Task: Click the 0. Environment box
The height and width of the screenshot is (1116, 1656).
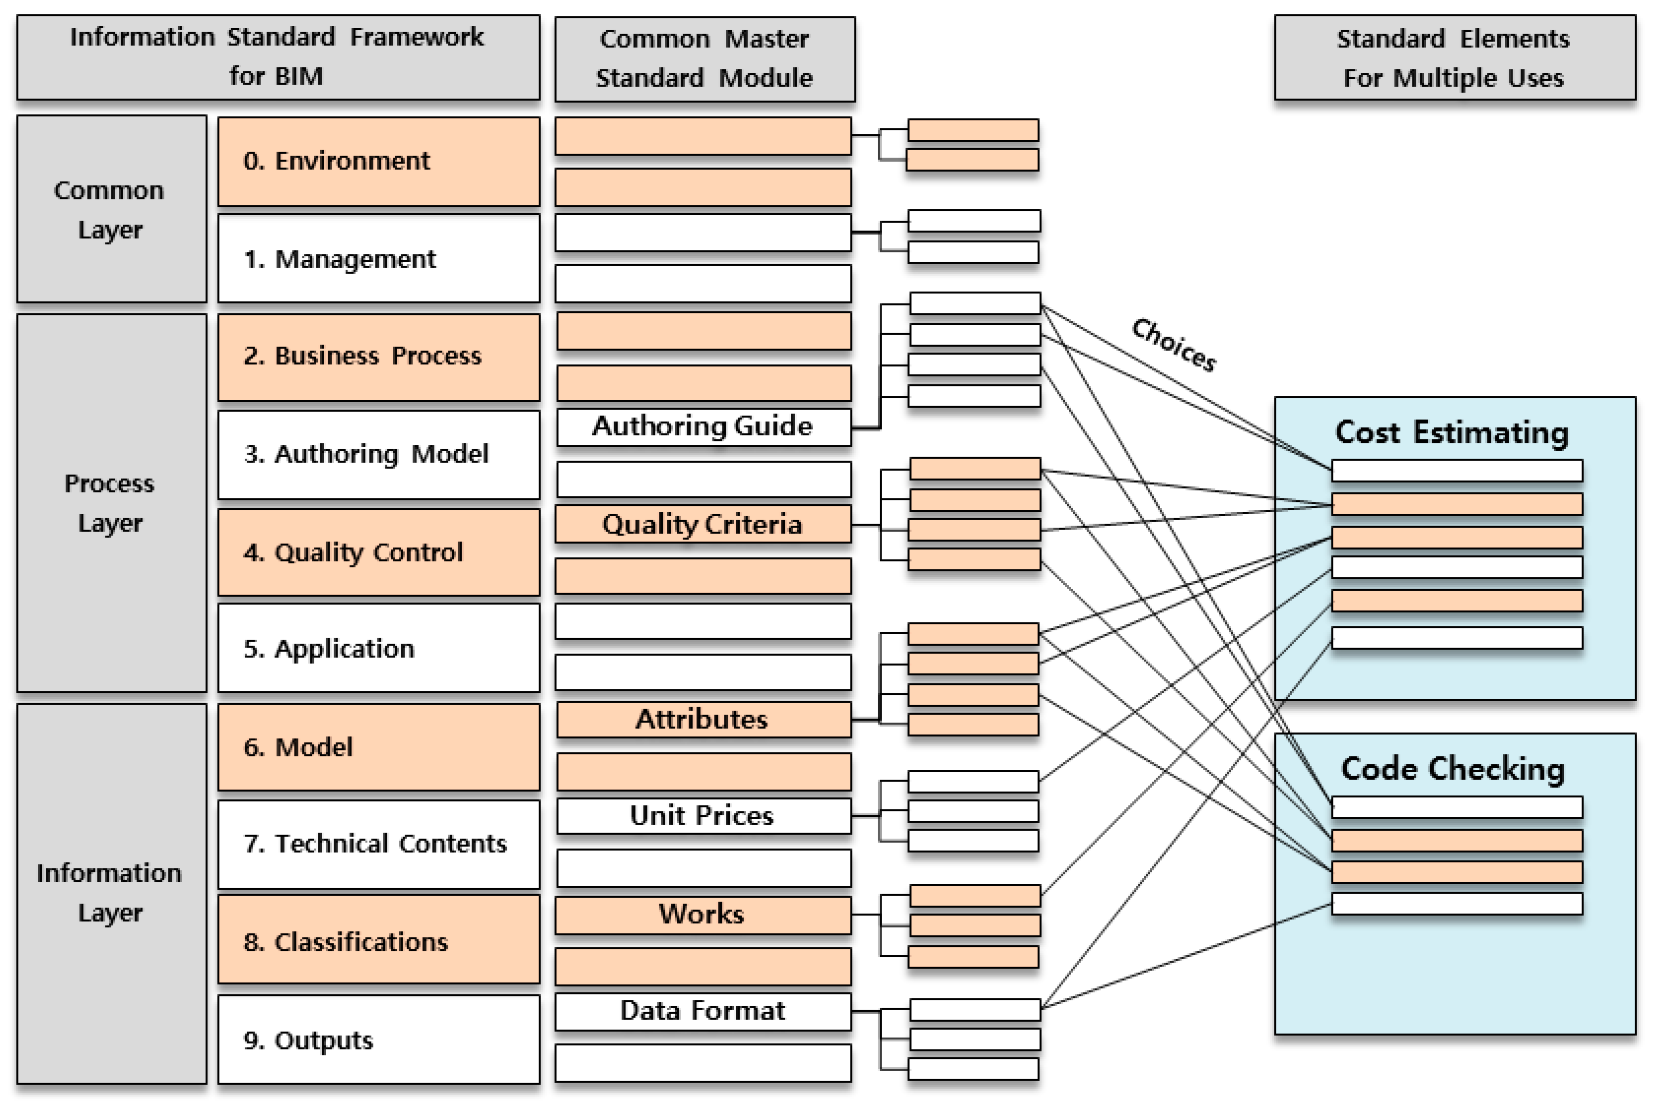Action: coord(378,162)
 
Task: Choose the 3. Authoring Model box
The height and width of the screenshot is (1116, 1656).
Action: coord(378,454)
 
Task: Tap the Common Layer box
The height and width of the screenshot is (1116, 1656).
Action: coord(111,209)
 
